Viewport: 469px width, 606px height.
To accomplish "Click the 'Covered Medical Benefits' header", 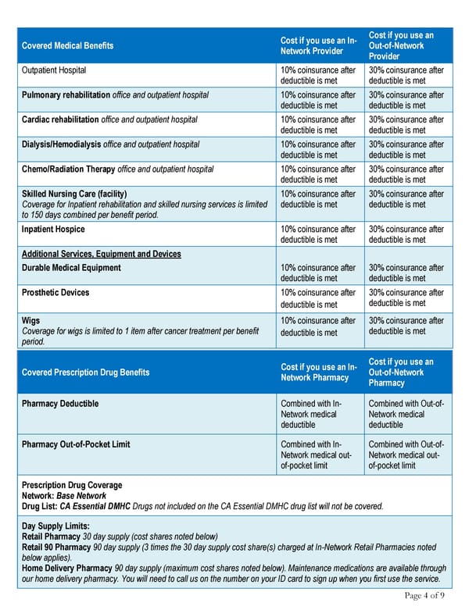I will tap(67, 45).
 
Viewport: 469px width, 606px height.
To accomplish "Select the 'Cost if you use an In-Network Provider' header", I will tap(318, 45).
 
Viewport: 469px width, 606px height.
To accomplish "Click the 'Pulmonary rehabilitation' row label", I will tap(66, 95).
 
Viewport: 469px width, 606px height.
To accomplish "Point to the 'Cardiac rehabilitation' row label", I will tap(60, 119).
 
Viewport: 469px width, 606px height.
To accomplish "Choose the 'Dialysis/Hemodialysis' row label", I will tap(61, 144).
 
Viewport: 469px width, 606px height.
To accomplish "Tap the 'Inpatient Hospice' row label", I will tap(53, 230).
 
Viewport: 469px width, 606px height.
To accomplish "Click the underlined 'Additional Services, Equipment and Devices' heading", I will tap(102, 254).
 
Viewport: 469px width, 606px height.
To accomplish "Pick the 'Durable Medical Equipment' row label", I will tap(71, 268).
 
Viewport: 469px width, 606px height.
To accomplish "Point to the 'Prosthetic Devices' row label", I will tap(55, 293).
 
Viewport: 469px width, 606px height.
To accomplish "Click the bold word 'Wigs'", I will tap(30, 320).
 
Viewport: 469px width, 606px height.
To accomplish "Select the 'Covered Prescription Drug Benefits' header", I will tap(86, 373).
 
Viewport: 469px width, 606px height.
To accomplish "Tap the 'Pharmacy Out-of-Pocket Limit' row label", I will tap(76, 444).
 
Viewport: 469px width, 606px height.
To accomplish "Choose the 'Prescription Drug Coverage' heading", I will tap(71, 485).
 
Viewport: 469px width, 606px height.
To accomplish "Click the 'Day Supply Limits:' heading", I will tap(55, 526).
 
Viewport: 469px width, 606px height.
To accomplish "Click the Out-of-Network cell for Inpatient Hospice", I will tap(406, 234).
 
